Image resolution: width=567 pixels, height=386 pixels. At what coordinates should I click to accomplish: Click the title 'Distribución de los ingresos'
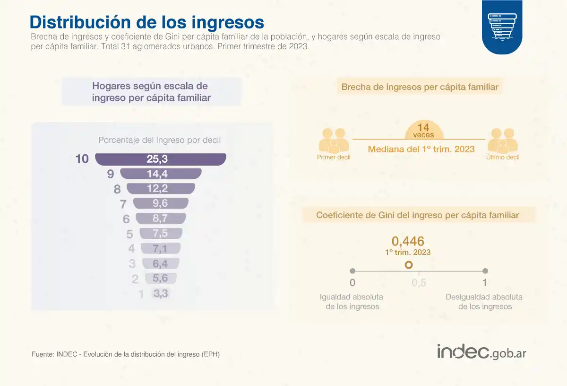tap(146, 22)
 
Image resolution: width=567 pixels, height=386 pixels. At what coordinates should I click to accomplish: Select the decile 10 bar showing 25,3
tap(161, 159)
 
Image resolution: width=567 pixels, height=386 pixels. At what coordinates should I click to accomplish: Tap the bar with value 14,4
tap(161, 174)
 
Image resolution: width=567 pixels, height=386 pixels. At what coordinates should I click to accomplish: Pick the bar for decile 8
tap(161, 189)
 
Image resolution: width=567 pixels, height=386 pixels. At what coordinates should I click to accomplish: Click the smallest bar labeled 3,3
tap(161, 294)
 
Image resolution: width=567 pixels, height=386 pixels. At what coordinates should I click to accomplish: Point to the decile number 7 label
tap(123, 204)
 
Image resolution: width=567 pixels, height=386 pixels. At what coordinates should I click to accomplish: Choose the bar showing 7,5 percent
tap(161, 234)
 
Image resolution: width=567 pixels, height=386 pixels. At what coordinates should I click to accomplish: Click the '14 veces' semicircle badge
tap(423, 130)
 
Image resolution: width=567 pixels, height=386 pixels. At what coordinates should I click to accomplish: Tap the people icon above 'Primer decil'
tap(334, 140)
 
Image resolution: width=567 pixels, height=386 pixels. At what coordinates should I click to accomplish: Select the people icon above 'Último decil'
tap(503, 140)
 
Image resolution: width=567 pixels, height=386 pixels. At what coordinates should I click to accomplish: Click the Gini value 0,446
tap(408, 241)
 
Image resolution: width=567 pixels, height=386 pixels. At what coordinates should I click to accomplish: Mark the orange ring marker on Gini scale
tap(409, 265)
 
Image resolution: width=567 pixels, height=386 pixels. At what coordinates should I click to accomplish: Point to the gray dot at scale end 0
tap(352, 271)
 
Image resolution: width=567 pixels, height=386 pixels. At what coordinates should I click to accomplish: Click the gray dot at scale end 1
tap(485, 271)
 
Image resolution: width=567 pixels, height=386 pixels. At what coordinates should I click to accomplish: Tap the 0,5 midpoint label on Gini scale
tap(419, 283)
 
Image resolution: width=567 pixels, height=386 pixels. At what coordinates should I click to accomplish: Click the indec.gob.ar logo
tap(481, 352)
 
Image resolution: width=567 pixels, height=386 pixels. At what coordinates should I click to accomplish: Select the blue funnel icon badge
tap(502, 26)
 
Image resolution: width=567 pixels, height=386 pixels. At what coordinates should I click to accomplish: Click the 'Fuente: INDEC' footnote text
tap(126, 354)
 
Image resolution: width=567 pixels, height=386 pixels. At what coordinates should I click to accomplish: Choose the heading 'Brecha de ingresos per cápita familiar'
tap(420, 87)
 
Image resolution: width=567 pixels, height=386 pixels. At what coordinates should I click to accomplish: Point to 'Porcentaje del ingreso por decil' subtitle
tap(159, 140)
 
